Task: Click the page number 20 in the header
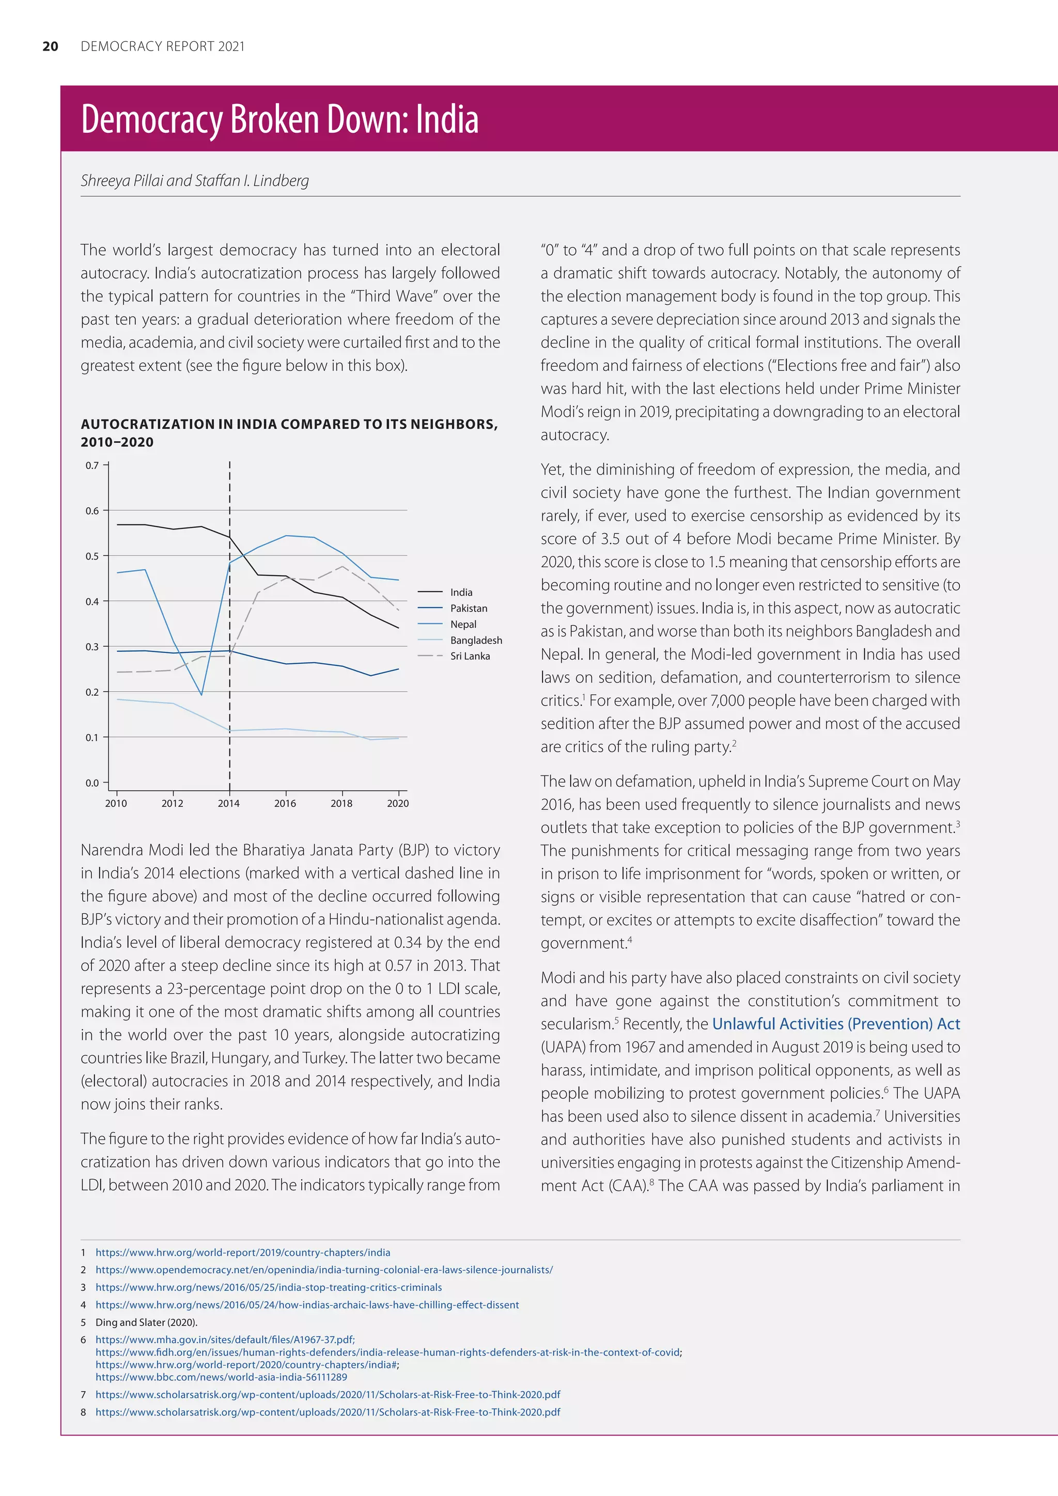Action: click(x=50, y=46)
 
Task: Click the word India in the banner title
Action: click(x=447, y=119)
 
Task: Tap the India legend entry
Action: click(x=461, y=593)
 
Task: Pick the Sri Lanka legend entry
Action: click(x=470, y=656)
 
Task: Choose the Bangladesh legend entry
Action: click(x=476, y=640)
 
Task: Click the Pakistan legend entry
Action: click(x=469, y=608)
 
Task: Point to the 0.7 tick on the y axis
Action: click(x=92, y=465)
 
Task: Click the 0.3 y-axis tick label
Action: click(x=92, y=646)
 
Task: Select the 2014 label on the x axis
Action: click(x=229, y=803)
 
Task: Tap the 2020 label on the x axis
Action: click(x=397, y=803)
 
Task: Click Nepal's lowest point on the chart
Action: click(x=201, y=695)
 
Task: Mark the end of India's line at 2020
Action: click(x=398, y=628)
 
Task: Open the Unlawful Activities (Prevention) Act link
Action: click(x=836, y=1024)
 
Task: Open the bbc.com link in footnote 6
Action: click(x=221, y=1377)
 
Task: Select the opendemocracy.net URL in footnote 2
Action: click(x=324, y=1269)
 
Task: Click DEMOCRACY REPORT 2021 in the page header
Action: click(x=162, y=46)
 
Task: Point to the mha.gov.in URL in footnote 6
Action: click(x=225, y=1339)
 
